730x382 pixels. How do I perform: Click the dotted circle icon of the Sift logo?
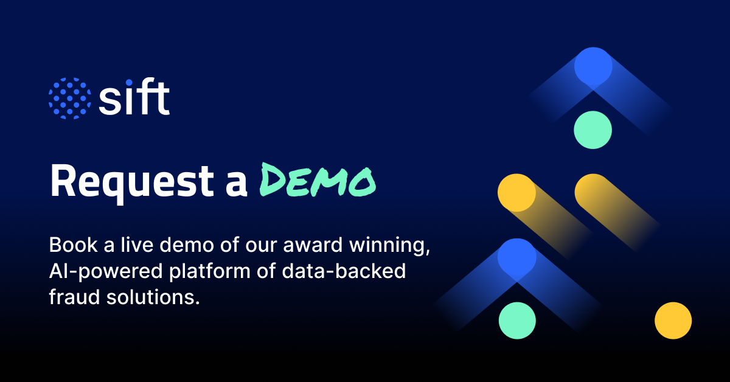click(69, 99)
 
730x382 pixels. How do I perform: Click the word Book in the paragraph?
click(68, 246)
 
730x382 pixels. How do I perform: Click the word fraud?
click(69, 298)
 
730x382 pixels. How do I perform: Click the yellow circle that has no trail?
click(673, 320)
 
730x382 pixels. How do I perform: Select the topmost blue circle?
click(593, 66)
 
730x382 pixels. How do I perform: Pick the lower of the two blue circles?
click(516, 256)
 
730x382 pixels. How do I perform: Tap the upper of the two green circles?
click(593, 130)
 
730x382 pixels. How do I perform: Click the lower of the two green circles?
click(517, 321)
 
